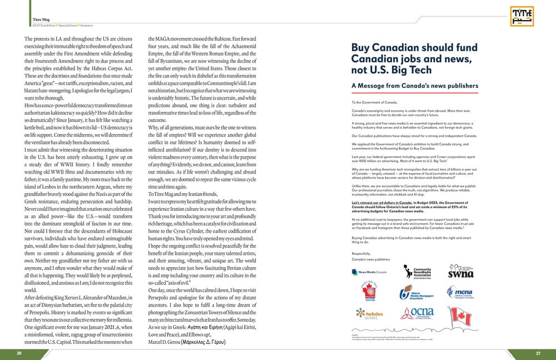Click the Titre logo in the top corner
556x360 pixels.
click(x=522, y=16)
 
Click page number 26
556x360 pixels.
click(x=19, y=353)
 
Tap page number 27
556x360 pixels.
click(x=538, y=353)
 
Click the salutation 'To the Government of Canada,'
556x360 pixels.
click(x=375, y=103)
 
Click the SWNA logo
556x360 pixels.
click(x=460, y=272)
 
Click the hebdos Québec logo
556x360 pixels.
click(x=369, y=315)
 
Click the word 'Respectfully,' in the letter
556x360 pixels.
click(x=361, y=253)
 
